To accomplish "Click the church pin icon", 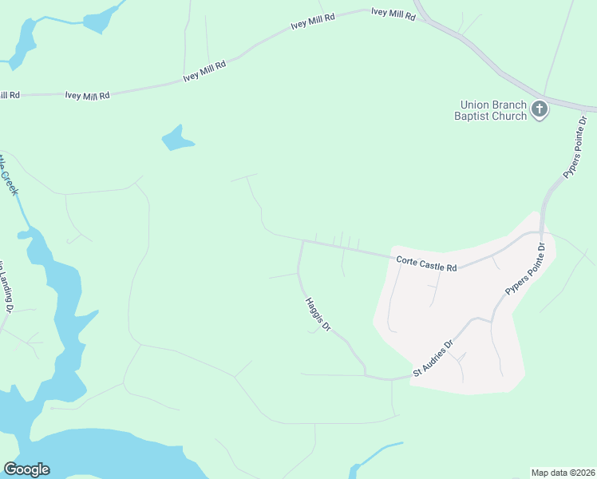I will pos(540,109).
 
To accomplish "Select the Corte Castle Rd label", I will pos(426,263).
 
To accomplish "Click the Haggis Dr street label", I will pos(318,315).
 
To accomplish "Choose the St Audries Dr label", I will pos(433,359).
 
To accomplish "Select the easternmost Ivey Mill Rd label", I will pos(393,14).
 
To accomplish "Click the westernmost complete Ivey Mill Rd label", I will pos(87,96).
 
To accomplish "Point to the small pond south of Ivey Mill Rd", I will pos(176,139).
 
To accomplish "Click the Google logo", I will pos(26,469).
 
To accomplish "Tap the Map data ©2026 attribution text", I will pos(563,473).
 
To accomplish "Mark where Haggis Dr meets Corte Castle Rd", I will pos(302,241).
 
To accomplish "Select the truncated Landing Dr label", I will pos(7,287).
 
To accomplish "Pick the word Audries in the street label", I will pos(436,357).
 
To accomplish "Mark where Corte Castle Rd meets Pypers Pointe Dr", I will pos(542,234).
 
